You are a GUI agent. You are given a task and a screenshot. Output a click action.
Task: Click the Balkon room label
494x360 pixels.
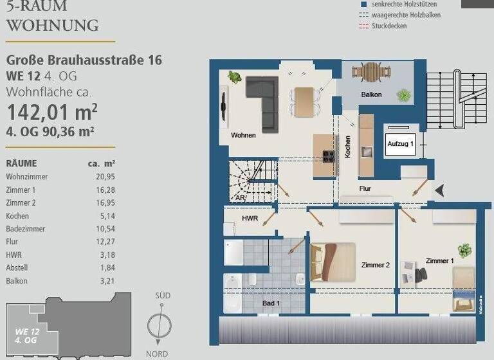pos(371,94)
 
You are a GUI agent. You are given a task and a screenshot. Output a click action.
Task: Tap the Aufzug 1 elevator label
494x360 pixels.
pos(400,145)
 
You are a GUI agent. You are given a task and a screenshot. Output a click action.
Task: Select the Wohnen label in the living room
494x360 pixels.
pos(243,136)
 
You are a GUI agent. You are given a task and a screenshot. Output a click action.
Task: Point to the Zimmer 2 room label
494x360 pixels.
pos(376,265)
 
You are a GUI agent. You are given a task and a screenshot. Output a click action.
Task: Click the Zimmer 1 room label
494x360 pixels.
pos(439,261)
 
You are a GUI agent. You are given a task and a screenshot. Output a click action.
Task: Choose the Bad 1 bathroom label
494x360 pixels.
pos(271,303)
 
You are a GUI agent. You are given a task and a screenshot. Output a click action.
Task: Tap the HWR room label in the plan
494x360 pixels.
pos(250,219)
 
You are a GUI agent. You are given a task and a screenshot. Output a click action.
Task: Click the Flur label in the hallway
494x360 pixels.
pos(365,188)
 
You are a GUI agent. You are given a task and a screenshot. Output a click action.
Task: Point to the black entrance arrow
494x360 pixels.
pos(439,190)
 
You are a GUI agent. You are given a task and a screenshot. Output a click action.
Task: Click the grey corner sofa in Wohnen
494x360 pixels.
pos(264,99)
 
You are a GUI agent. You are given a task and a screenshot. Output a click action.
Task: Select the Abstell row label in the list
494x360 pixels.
pos(17,268)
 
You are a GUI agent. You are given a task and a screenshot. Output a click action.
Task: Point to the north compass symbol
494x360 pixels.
pos(159,325)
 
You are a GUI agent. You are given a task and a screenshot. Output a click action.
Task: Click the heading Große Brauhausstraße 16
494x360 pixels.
pos(84,60)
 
